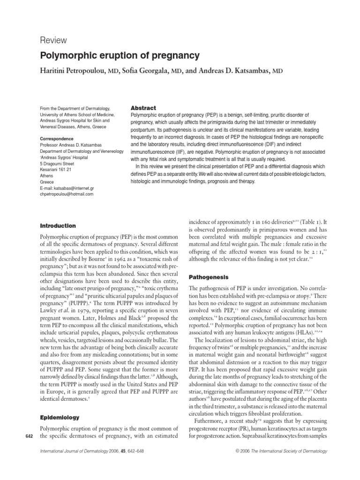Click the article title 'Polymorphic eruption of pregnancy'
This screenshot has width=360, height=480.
(x=120, y=56)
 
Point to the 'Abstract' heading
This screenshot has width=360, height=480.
(x=143, y=108)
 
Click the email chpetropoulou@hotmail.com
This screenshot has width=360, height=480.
(x=67, y=194)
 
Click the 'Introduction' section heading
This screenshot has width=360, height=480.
(x=58, y=225)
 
